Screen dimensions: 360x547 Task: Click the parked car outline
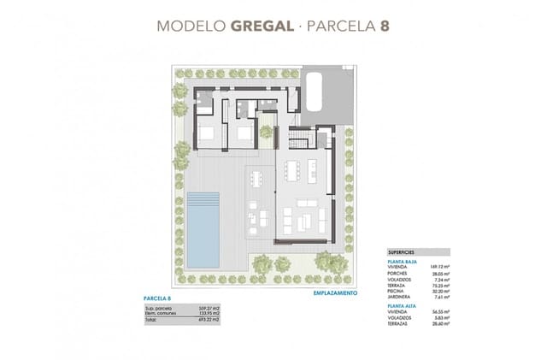pos(312,90)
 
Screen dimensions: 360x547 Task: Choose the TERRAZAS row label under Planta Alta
pos(399,324)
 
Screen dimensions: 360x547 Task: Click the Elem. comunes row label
pos(163,313)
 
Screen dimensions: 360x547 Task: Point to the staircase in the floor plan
pos(301,138)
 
